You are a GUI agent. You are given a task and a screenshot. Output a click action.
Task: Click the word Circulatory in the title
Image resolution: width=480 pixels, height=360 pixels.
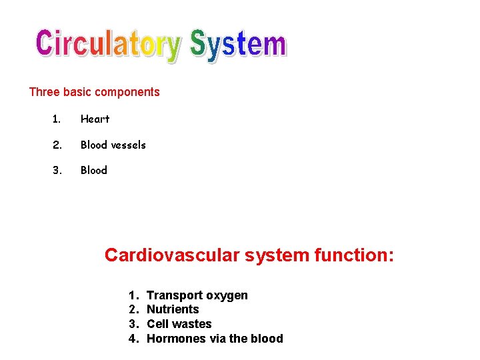click(108, 45)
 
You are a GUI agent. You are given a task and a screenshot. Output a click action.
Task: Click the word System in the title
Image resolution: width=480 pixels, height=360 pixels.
click(238, 45)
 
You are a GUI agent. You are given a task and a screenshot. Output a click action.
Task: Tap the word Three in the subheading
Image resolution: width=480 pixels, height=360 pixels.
click(43, 92)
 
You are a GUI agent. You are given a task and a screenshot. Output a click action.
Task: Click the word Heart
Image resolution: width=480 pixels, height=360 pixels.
click(95, 119)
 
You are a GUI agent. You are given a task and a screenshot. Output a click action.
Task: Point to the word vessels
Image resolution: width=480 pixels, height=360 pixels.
click(128, 145)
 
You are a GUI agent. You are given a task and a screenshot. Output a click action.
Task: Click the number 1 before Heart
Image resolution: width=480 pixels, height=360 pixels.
click(56, 119)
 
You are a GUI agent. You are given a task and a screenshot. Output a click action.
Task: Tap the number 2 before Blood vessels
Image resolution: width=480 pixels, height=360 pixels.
click(57, 145)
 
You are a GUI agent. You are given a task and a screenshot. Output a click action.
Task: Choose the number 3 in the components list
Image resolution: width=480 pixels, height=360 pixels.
click(57, 170)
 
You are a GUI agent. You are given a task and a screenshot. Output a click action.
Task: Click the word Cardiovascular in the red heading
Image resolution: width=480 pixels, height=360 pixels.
click(171, 255)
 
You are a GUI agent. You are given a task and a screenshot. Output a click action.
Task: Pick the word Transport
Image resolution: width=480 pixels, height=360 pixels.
click(175, 295)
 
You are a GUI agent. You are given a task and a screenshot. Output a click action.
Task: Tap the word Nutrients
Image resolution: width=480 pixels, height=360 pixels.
click(173, 309)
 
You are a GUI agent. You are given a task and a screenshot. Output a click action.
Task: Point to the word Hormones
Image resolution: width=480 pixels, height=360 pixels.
click(176, 339)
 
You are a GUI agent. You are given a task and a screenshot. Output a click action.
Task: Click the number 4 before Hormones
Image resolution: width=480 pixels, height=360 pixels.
click(133, 339)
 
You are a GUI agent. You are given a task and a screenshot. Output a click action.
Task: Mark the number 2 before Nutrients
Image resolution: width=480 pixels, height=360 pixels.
click(133, 309)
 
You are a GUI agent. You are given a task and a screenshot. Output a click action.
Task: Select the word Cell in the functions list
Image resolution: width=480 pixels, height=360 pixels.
click(157, 324)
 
